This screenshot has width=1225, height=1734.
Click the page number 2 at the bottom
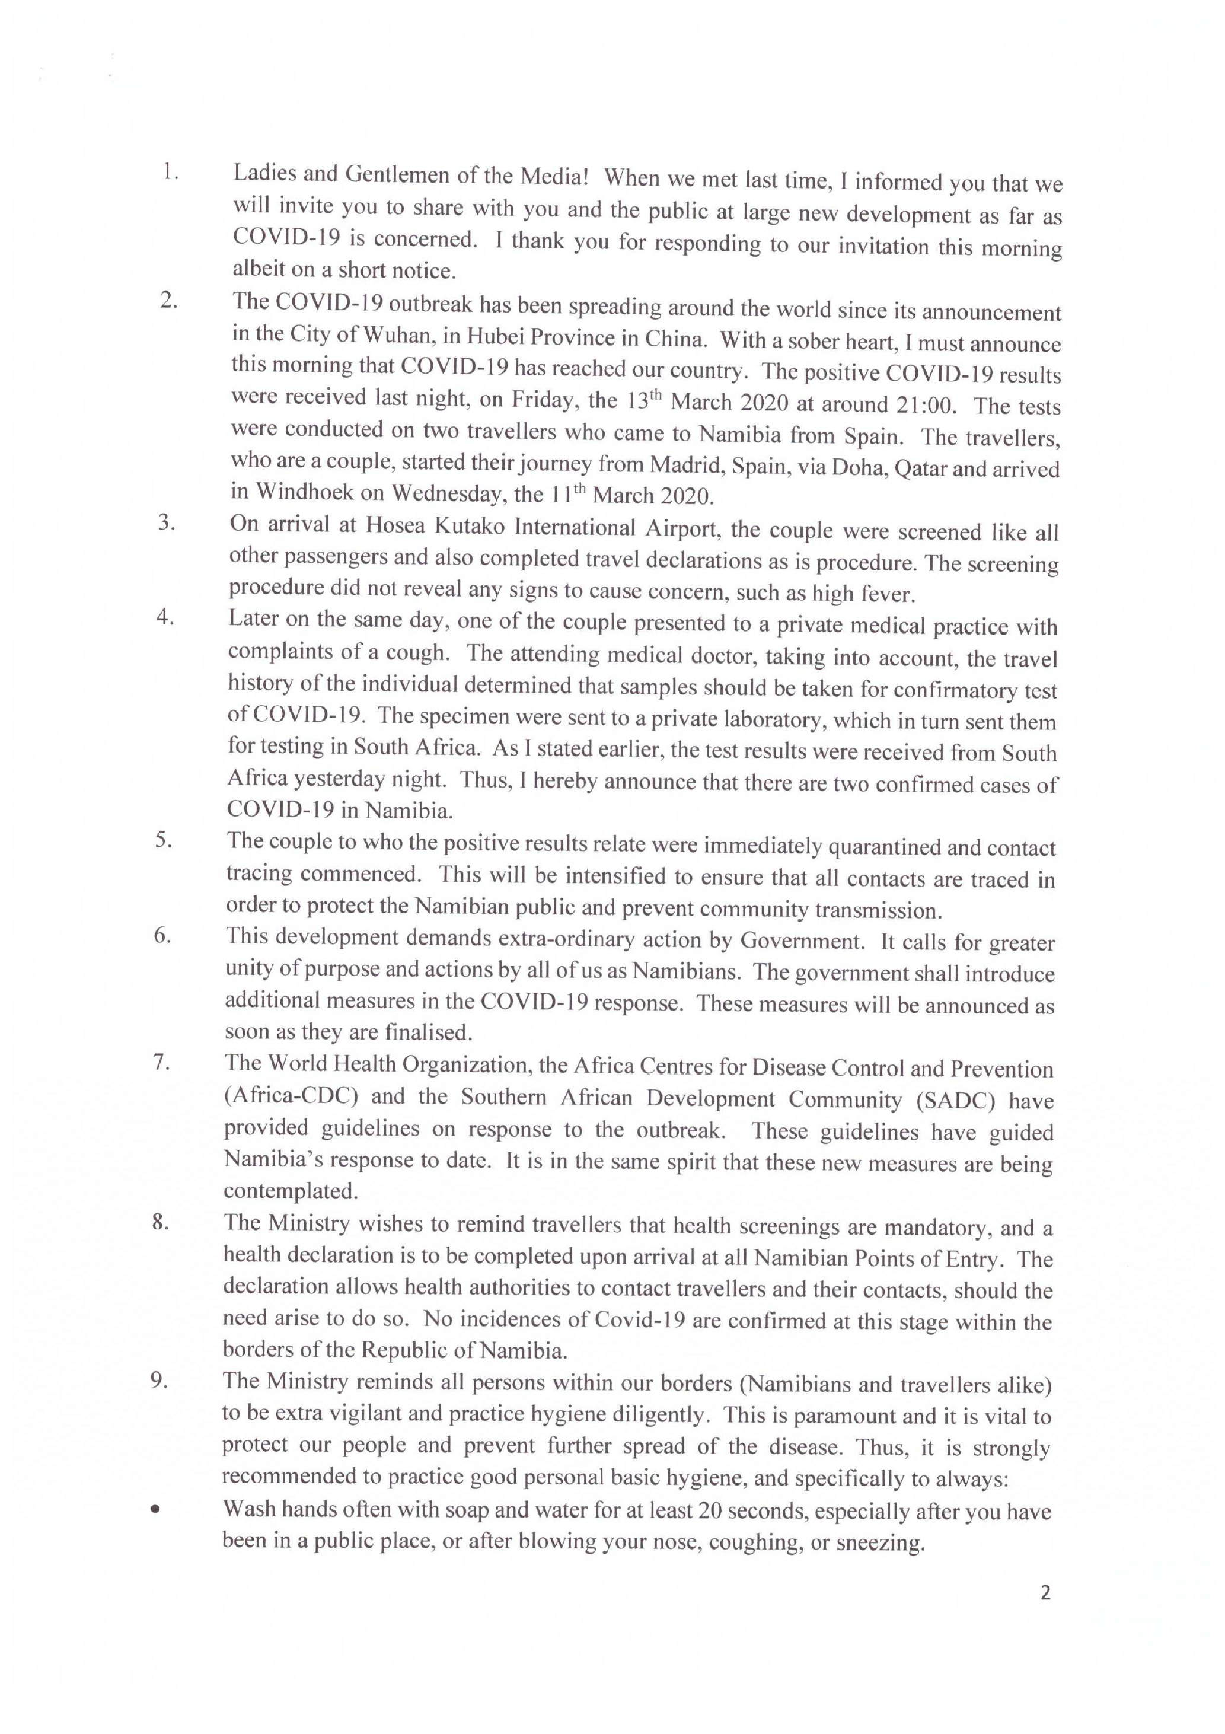pyautogui.click(x=1045, y=1593)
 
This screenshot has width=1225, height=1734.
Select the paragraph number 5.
pyautogui.click(x=163, y=840)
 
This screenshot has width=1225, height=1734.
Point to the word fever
pyautogui.click(x=888, y=594)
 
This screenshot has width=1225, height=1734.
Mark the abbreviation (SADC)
pyautogui.click(x=955, y=1101)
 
